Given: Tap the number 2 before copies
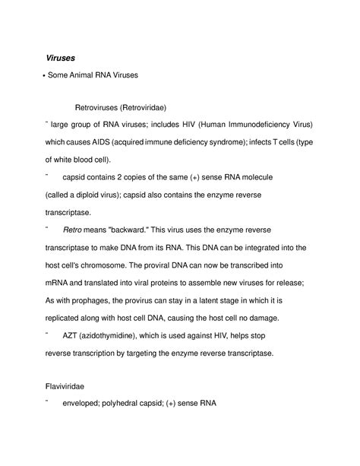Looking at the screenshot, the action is [x=125, y=176].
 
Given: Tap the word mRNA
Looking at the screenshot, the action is [x=62, y=283].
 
